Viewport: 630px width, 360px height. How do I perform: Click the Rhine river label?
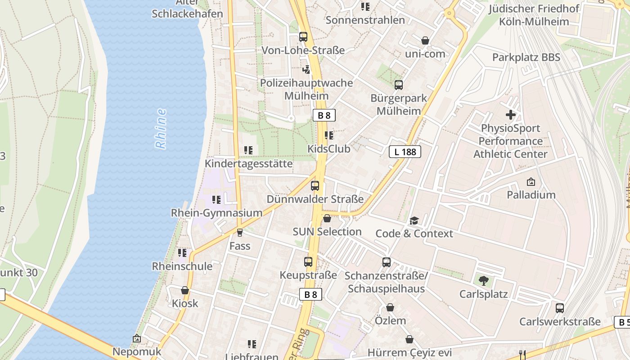[161, 129]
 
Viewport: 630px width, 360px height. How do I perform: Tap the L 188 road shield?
[405, 152]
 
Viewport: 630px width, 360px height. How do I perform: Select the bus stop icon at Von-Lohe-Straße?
[303, 37]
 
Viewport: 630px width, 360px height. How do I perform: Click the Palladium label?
[531, 195]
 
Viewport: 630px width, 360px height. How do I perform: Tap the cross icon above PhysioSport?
[511, 115]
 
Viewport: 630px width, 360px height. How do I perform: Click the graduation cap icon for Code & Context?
[414, 220]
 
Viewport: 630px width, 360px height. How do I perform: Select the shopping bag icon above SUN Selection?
[327, 219]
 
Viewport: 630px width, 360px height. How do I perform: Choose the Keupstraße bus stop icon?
[308, 262]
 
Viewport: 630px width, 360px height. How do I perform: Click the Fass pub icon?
[240, 233]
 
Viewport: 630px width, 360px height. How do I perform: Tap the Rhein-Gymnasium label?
[216, 213]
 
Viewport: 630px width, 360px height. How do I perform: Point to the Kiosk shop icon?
[184, 290]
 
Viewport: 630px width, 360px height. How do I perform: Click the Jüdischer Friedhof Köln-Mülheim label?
[534, 15]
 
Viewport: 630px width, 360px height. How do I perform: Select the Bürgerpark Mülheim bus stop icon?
[399, 85]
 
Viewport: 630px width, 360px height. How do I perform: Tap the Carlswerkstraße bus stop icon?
[560, 308]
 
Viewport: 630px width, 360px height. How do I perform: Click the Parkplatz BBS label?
[526, 57]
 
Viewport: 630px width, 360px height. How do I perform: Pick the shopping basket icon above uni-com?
[425, 40]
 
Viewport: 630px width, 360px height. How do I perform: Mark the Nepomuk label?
[137, 351]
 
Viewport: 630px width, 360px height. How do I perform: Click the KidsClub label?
[329, 148]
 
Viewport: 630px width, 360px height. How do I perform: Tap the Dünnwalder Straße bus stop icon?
[315, 186]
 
